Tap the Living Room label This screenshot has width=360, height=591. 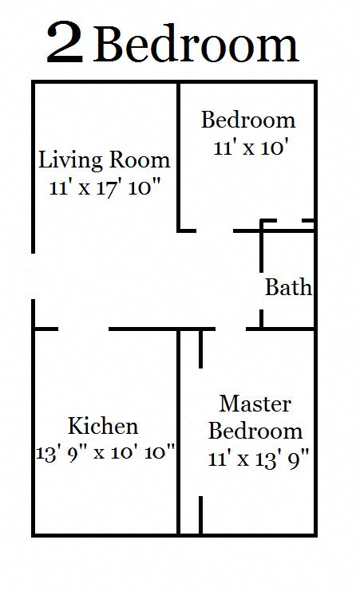(x=105, y=160)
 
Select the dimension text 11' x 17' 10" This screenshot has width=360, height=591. (x=105, y=189)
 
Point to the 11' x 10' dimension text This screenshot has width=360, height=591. (x=247, y=148)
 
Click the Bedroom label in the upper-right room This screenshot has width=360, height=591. (x=248, y=120)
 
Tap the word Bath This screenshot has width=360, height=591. (x=288, y=287)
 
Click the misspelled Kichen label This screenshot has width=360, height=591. (x=103, y=425)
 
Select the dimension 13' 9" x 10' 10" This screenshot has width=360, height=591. (x=105, y=452)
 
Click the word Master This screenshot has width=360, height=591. (x=255, y=404)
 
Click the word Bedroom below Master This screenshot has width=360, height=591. (x=255, y=431)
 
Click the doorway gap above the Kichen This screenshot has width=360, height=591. (x=84, y=328)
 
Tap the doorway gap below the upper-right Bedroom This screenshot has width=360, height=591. (x=215, y=230)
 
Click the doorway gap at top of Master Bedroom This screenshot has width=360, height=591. (x=231, y=328)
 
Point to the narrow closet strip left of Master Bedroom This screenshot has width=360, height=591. (x=189, y=431)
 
